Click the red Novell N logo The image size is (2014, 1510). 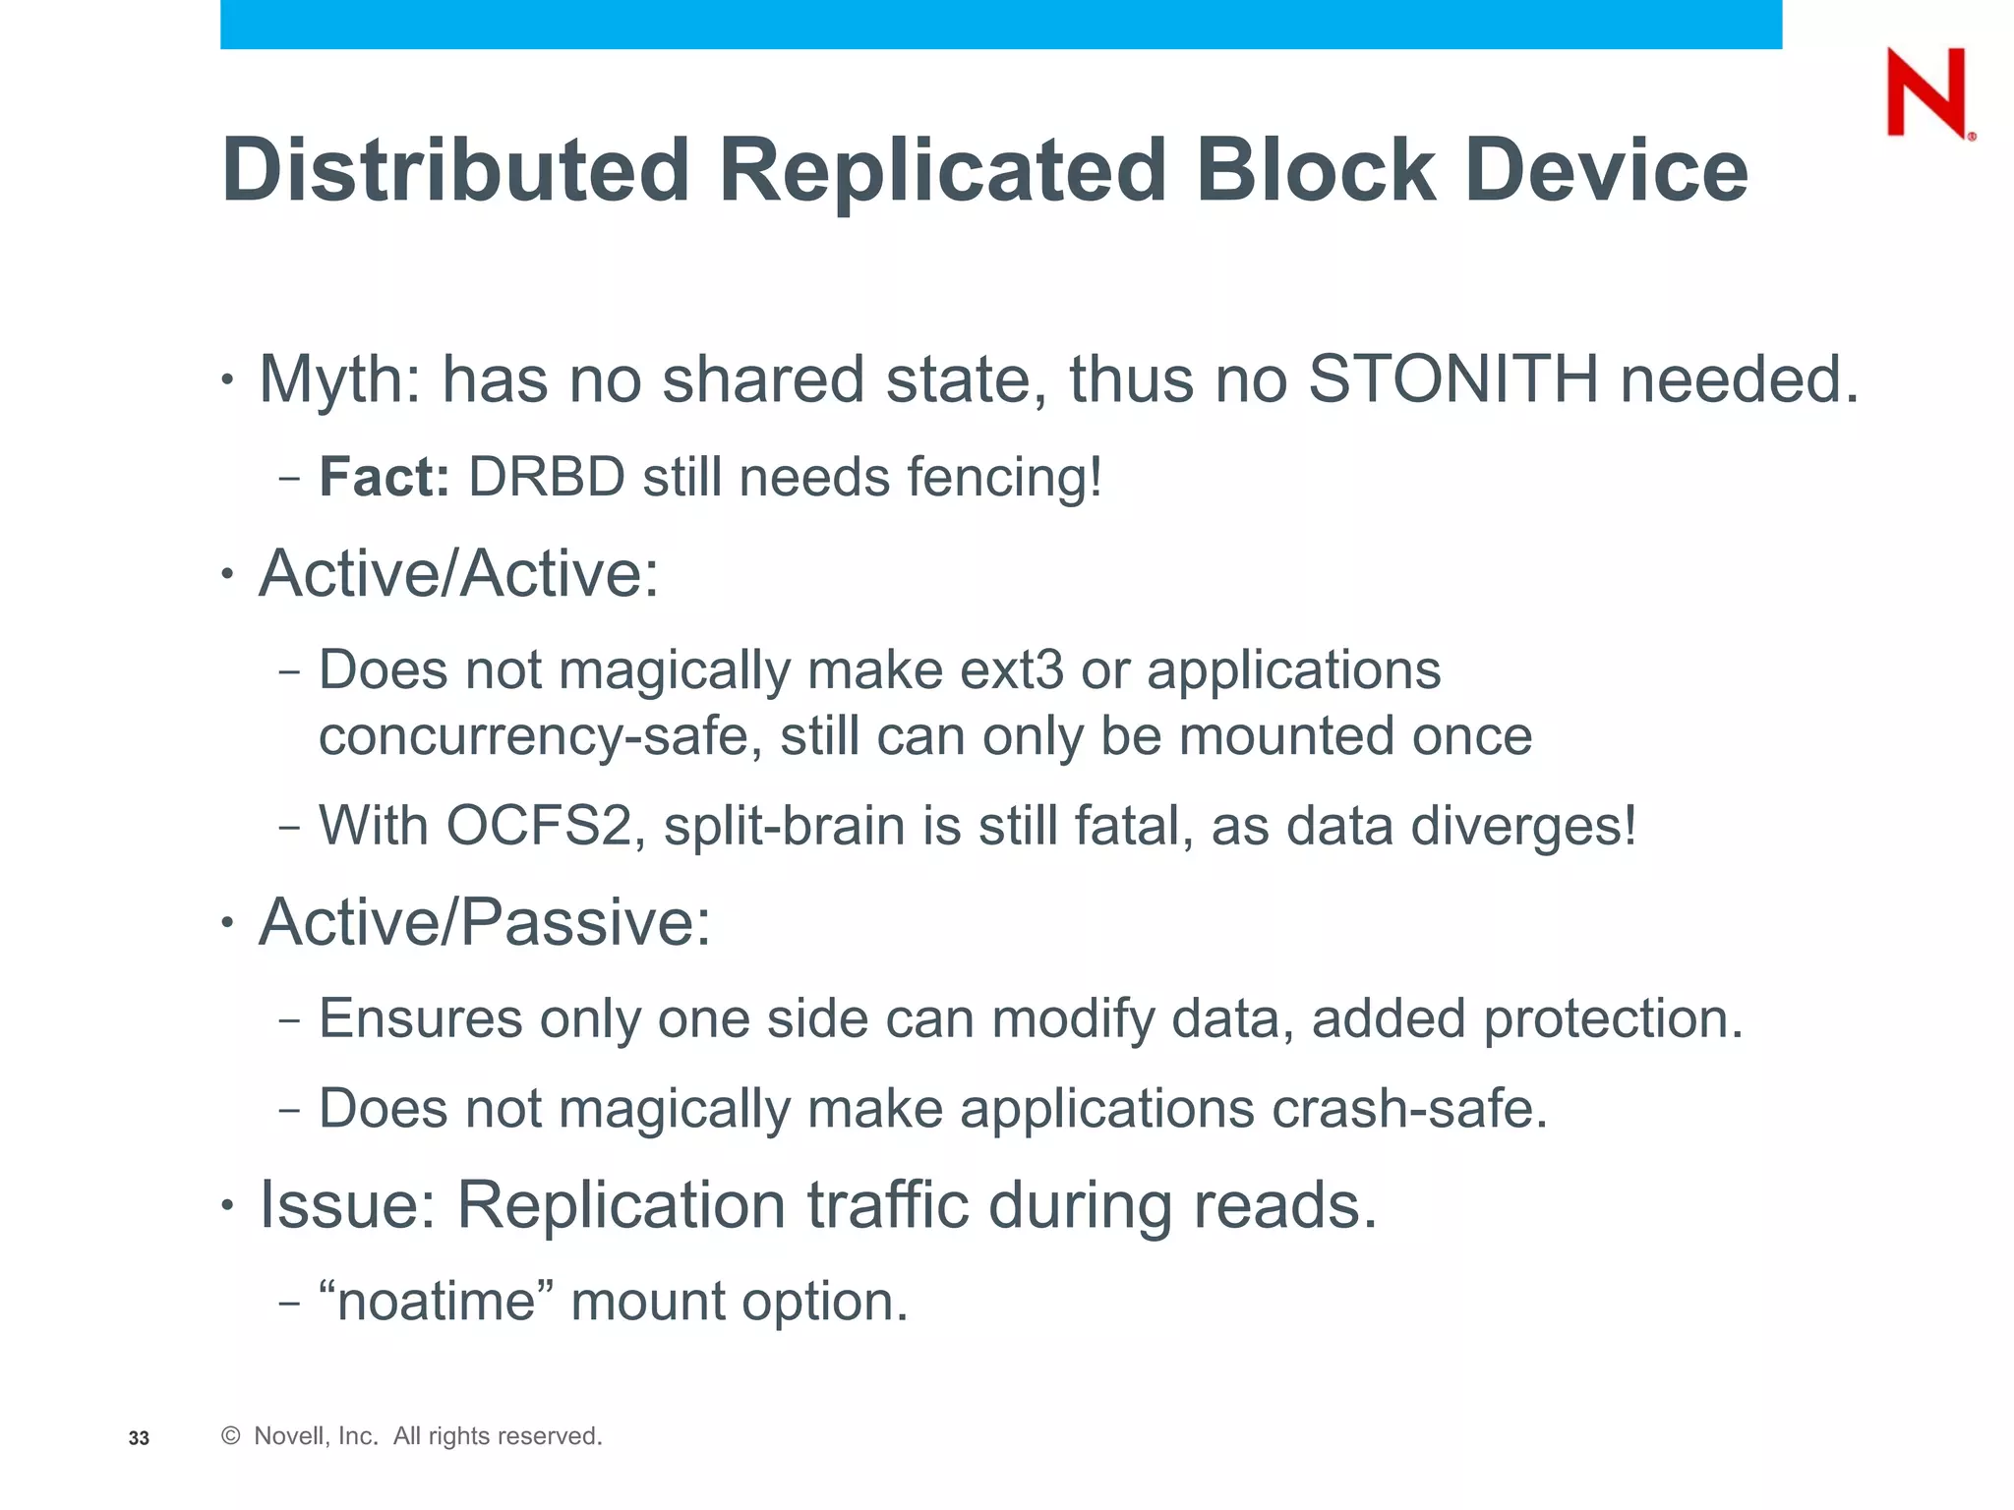1926,93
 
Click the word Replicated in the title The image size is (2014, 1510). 943,171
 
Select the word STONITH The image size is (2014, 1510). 1453,378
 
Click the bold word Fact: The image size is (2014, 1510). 385,478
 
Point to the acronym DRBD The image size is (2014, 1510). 547,478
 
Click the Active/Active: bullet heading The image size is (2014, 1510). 458,573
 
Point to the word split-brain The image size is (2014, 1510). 784,826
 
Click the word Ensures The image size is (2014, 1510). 421,1018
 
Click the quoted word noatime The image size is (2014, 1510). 436,1302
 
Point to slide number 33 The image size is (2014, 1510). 139,1438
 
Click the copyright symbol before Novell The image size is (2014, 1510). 231,1436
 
